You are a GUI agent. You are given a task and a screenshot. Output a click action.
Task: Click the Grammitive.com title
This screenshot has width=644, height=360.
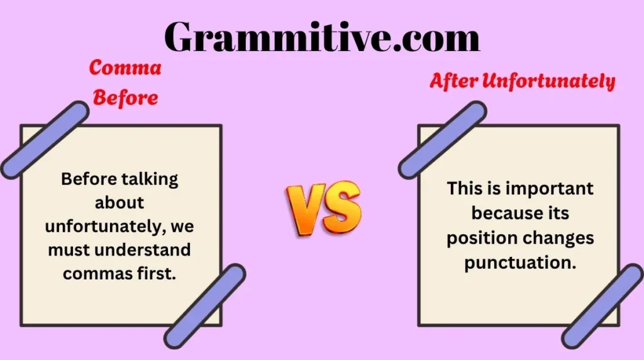322,37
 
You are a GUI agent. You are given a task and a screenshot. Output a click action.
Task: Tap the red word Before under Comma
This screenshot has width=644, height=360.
126,98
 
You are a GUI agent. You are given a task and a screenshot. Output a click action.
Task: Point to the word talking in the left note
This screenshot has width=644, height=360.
150,179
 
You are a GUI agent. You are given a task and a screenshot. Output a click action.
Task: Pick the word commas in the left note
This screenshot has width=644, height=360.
100,274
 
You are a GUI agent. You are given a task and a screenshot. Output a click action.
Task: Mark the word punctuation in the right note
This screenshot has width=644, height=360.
520,262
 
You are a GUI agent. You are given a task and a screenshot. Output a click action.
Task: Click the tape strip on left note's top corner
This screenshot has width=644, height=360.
45,140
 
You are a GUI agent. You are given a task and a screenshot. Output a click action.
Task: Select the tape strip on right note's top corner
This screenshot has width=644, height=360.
443,140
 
